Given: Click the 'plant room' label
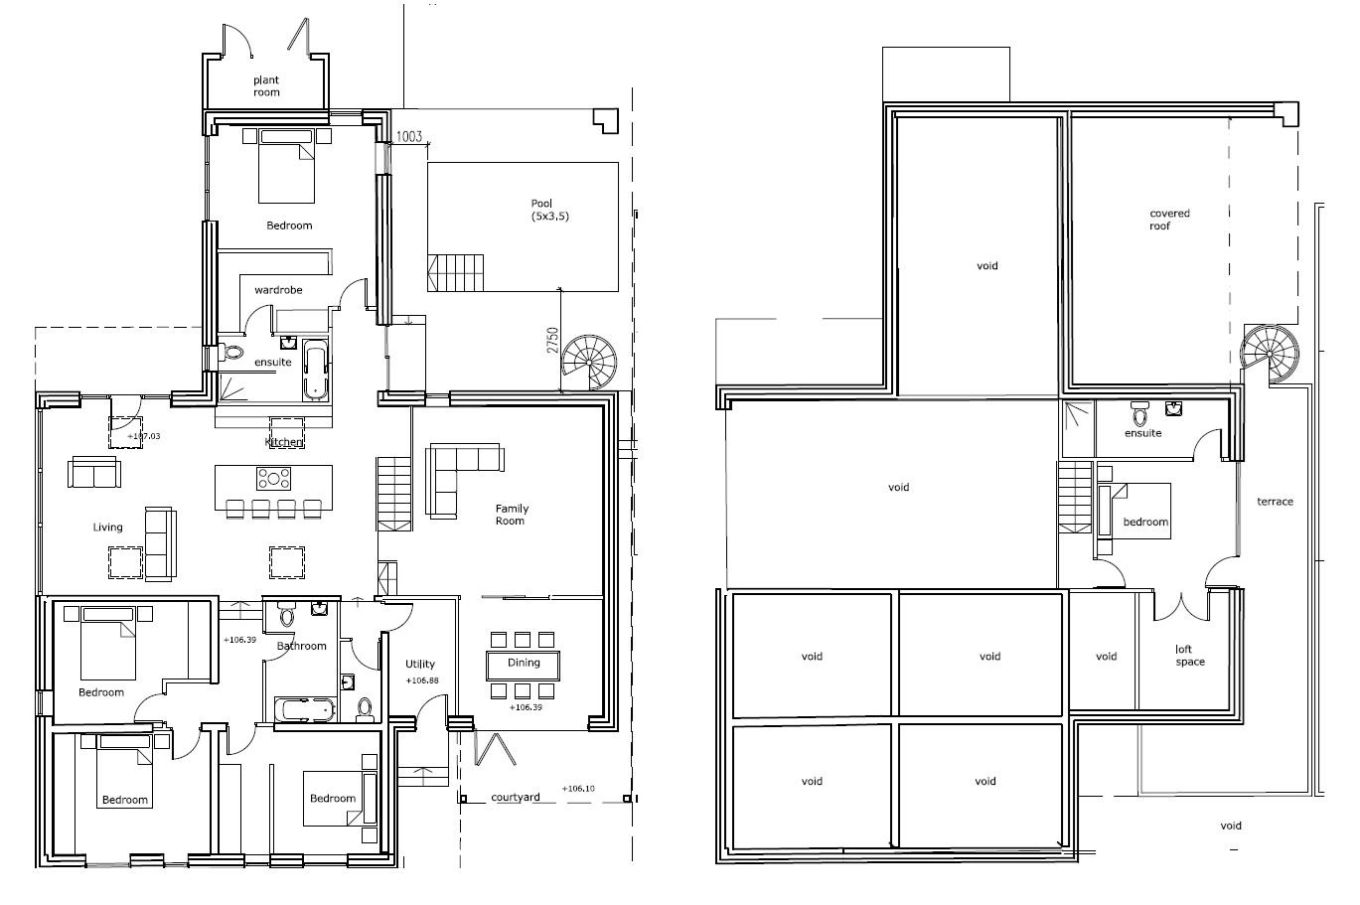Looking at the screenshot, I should click(265, 86).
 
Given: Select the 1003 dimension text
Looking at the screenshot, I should click(408, 137).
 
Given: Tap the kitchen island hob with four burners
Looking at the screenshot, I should click(274, 478).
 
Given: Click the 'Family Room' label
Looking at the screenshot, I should click(512, 515).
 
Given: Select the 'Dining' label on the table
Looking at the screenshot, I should click(524, 663).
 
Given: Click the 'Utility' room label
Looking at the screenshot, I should click(420, 664).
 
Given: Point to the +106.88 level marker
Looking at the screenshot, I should click(422, 681).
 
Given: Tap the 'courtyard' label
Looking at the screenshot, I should click(516, 797).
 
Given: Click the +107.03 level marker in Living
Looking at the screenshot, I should click(143, 436).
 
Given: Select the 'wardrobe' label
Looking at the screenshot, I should click(278, 290).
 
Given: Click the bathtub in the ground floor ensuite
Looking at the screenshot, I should click(315, 371).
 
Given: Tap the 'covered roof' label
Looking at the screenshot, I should click(1169, 220).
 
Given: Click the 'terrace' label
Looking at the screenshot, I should click(1275, 502).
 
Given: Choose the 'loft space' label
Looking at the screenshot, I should click(1189, 656).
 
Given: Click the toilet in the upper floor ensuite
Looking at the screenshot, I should click(1138, 412).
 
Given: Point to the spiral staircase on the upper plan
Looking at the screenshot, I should click(1269, 351).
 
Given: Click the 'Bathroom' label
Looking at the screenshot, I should click(301, 646).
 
